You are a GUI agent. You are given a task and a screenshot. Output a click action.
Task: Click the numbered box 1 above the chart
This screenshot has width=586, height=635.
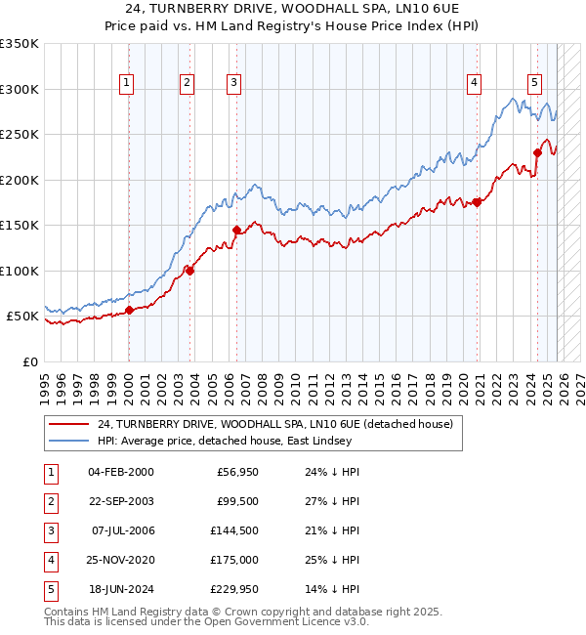pos(128,84)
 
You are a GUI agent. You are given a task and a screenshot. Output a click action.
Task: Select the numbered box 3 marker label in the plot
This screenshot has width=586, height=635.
pos(234,84)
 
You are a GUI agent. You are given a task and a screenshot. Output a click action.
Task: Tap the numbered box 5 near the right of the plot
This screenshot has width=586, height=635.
pos(535,84)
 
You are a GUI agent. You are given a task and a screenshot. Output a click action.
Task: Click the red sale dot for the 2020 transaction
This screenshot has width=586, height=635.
pos(477,202)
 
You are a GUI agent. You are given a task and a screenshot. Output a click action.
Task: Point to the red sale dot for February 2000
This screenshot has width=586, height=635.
pos(129,311)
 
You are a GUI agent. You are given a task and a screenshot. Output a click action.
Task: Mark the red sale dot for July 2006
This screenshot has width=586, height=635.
pos(236,230)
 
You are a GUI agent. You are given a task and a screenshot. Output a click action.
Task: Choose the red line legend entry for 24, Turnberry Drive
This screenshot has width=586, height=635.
pos(274,425)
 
